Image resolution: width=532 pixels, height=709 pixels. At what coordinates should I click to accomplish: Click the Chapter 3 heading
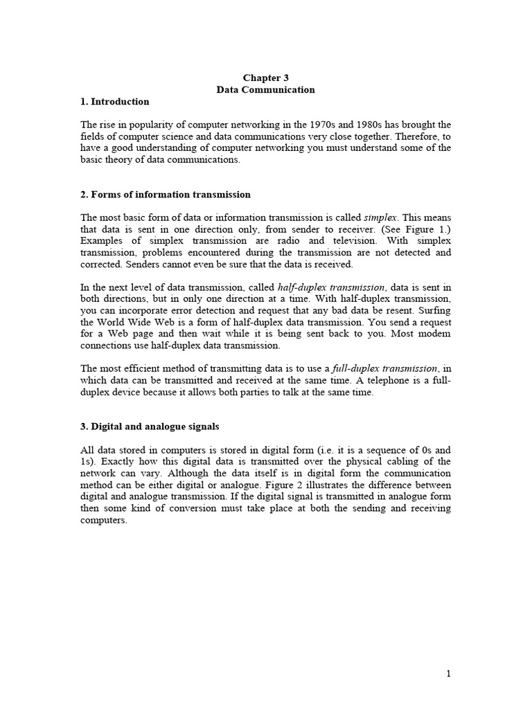(x=265, y=78)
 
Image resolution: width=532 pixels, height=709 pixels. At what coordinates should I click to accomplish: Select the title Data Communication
(x=265, y=90)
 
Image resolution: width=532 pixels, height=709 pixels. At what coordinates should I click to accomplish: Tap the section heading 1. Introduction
(x=115, y=102)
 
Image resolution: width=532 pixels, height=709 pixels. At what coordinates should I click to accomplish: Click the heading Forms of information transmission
(x=166, y=195)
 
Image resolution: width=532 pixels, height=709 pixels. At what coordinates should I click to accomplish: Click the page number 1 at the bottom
(x=449, y=674)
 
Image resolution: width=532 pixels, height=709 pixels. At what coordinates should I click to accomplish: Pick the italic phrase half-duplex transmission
(x=331, y=287)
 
